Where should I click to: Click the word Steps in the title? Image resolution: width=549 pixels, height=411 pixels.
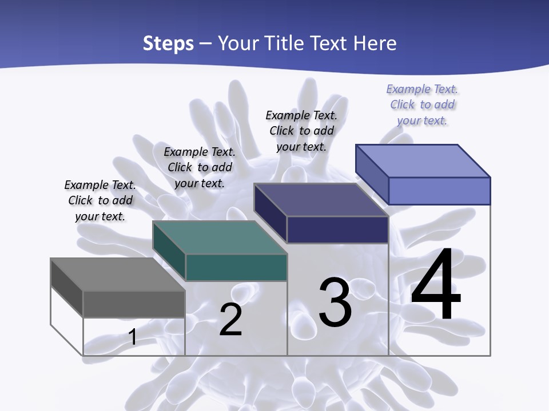168,43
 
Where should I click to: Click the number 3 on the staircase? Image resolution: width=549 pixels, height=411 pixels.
335,303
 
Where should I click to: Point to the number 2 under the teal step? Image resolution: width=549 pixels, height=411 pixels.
230,320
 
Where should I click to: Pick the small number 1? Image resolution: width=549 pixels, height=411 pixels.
132,337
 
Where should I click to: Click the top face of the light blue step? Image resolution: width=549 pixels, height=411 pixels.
423,161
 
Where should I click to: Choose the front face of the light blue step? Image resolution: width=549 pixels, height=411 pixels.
439,191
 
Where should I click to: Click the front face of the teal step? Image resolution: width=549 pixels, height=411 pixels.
236,267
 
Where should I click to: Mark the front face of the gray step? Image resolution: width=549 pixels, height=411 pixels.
134,304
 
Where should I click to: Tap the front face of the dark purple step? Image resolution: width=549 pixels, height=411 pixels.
337,229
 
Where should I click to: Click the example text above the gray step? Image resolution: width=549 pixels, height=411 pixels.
100,200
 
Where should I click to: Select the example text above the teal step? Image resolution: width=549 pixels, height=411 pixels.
200,167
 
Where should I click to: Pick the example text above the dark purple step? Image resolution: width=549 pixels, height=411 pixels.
301,131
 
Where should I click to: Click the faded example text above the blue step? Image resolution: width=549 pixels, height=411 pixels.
422,104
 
